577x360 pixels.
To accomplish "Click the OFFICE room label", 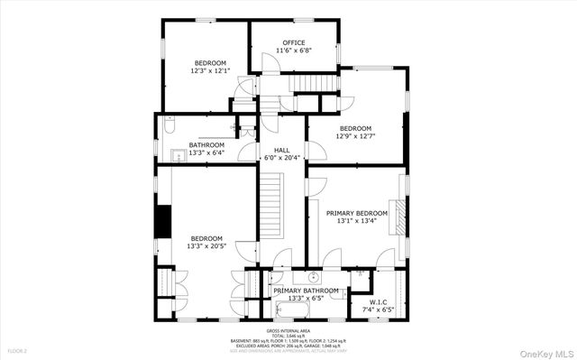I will pos(294,42).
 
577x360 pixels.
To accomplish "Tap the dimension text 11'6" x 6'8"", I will pos(294,51).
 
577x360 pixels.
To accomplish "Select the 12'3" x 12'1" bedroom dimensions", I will pos(210,70).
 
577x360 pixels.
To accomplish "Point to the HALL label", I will pos(281,149).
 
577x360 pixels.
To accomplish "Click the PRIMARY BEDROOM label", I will pos(356,212).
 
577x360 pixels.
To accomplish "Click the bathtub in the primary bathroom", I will pos(295,312).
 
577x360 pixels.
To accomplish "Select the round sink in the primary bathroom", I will pos(315,276).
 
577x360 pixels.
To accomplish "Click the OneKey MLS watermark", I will pos(543,351).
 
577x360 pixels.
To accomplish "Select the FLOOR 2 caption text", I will pos(18,350).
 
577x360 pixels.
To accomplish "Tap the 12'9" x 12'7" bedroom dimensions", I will pos(356,137).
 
